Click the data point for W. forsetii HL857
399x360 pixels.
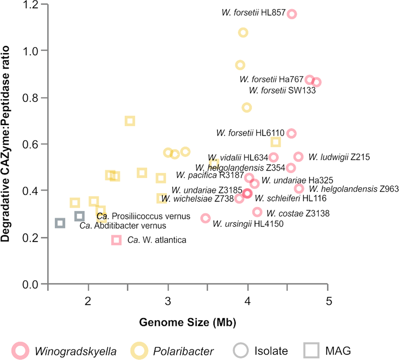(x=291, y=14)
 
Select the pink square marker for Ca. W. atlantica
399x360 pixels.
(x=116, y=240)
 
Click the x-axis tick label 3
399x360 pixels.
(x=168, y=302)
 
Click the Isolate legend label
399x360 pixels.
(x=271, y=350)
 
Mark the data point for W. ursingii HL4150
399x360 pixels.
(x=205, y=218)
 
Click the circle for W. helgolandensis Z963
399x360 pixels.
(x=299, y=188)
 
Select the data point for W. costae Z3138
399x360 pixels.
(x=257, y=212)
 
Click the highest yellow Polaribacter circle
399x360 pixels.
(x=243, y=32)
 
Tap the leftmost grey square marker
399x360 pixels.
(x=60, y=223)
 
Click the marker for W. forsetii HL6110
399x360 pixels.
(x=291, y=133)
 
